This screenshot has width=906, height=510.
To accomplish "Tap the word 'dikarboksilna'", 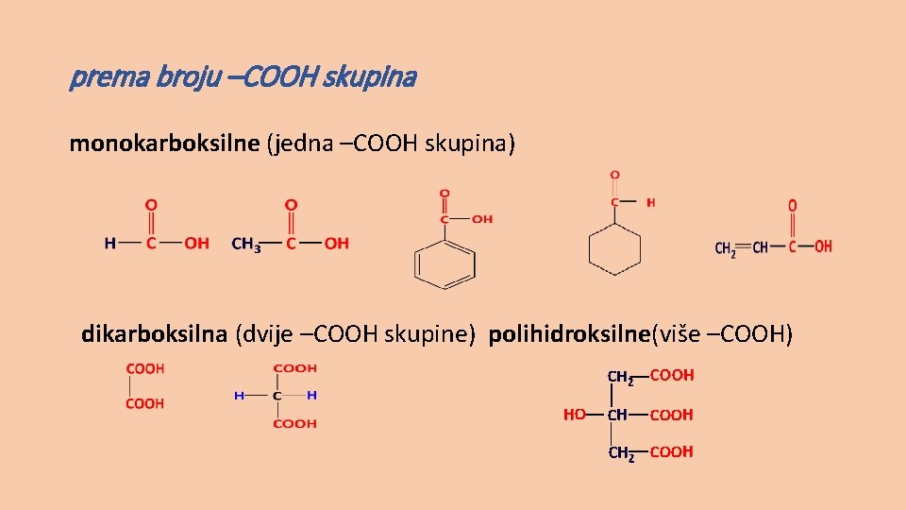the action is click(154, 333).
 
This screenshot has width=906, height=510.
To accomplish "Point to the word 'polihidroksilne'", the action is click(570, 333).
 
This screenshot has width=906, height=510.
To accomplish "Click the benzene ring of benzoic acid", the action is click(445, 264).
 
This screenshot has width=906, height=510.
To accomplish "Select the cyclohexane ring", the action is click(614, 250).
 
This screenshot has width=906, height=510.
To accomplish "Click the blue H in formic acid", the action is click(110, 244).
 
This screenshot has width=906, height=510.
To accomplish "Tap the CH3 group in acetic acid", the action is click(246, 244).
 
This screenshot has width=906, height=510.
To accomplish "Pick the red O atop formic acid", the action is click(150, 205).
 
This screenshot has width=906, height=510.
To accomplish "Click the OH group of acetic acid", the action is click(336, 244).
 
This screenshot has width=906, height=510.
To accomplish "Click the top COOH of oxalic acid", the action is click(144, 369).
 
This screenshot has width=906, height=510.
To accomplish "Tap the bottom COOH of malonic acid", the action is click(294, 424).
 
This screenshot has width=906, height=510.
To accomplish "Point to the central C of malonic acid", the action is click(277, 396).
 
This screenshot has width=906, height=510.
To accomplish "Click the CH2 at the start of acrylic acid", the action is click(726, 248).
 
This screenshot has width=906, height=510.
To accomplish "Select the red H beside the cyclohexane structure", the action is click(650, 202).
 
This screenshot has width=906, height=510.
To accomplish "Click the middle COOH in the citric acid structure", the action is click(671, 415).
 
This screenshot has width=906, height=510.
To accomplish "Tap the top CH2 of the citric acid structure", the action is click(620, 378).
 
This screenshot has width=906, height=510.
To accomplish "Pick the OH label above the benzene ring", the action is click(481, 219).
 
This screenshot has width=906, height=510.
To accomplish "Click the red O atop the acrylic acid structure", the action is click(793, 206).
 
